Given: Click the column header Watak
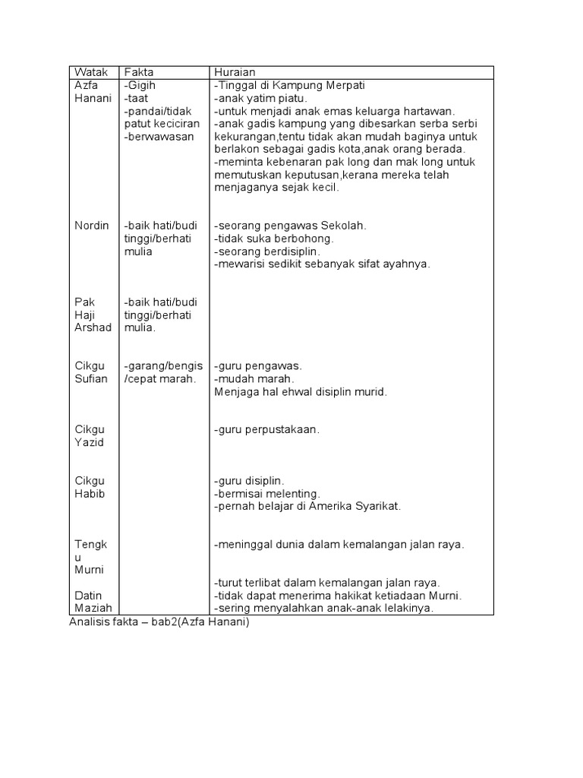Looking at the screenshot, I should click(x=90, y=72).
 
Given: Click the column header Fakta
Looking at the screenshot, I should click(x=139, y=72).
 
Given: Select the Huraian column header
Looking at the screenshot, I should click(x=235, y=72).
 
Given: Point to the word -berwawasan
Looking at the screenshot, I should click(x=159, y=137).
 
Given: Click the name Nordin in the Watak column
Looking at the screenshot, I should click(x=92, y=226).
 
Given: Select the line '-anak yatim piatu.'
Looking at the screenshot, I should click(x=260, y=98).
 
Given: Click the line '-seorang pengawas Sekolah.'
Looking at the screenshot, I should click(x=291, y=226).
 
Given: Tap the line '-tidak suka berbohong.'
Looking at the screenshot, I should click(x=274, y=239).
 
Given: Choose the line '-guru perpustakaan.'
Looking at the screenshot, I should click(x=267, y=429).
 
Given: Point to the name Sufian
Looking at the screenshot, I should click(x=91, y=378).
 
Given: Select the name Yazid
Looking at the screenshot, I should click(x=89, y=442).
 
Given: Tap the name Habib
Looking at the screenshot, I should click(x=90, y=493).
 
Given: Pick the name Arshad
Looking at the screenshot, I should click(x=93, y=327).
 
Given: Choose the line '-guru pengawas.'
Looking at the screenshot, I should click(x=258, y=365).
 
